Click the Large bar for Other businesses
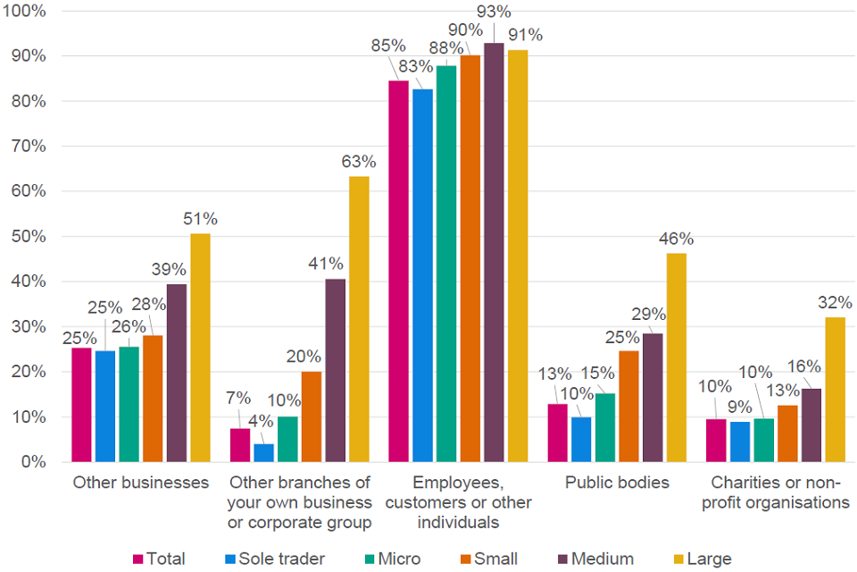pos(200,348)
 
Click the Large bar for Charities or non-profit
pos(835,389)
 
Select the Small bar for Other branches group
pos(312,416)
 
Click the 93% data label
pos(493,13)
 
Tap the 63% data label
pos(359,162)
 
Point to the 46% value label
pos(676,240)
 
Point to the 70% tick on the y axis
pos(29,147)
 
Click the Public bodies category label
pos(617,483)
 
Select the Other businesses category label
pos(141,483)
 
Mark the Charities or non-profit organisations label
pos(776,492)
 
